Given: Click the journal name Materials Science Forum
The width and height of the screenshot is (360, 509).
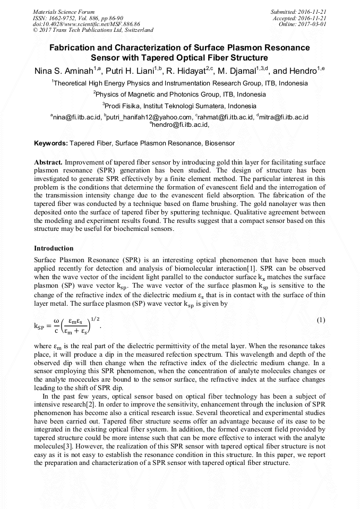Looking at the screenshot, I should [x=64, y=11].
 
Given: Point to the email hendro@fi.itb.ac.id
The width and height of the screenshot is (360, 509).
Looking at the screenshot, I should [x=179, y=125].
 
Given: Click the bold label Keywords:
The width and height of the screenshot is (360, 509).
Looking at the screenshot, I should [x=51, y=143].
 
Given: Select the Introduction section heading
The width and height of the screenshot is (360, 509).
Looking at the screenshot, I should [x=54, y=248].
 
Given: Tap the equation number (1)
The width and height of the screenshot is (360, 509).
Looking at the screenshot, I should [x=321, y=321].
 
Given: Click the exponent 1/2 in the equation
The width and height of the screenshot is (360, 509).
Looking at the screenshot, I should [x=95, y=318].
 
